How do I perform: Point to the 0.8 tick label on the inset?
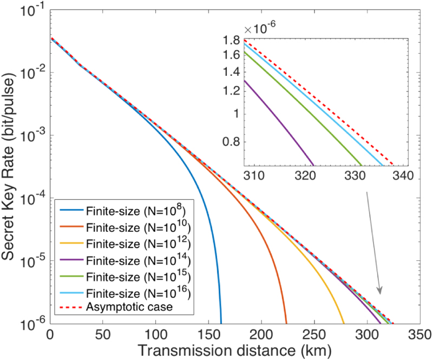(x=232, y=143)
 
